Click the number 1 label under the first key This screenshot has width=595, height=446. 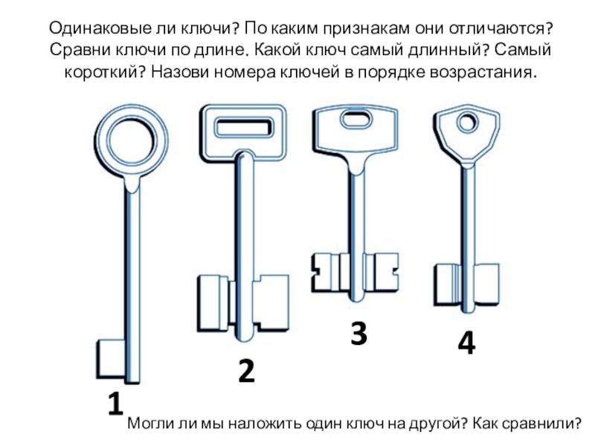[x=116, y=404]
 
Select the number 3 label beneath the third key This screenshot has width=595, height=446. [x=358, y=333]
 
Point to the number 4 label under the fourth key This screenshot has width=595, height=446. [x=466, y=343]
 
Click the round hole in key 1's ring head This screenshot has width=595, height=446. [x=132, y=140]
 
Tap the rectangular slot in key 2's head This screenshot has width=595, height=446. [x=243, y=127]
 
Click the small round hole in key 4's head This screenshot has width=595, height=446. [x=467, y=123]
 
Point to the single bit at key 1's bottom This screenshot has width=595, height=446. [x=111, y=359]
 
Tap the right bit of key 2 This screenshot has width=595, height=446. [x=271, y=303]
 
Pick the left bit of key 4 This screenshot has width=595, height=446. [x=448, y=285]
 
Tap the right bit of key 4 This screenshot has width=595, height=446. [x=486, y=285]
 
